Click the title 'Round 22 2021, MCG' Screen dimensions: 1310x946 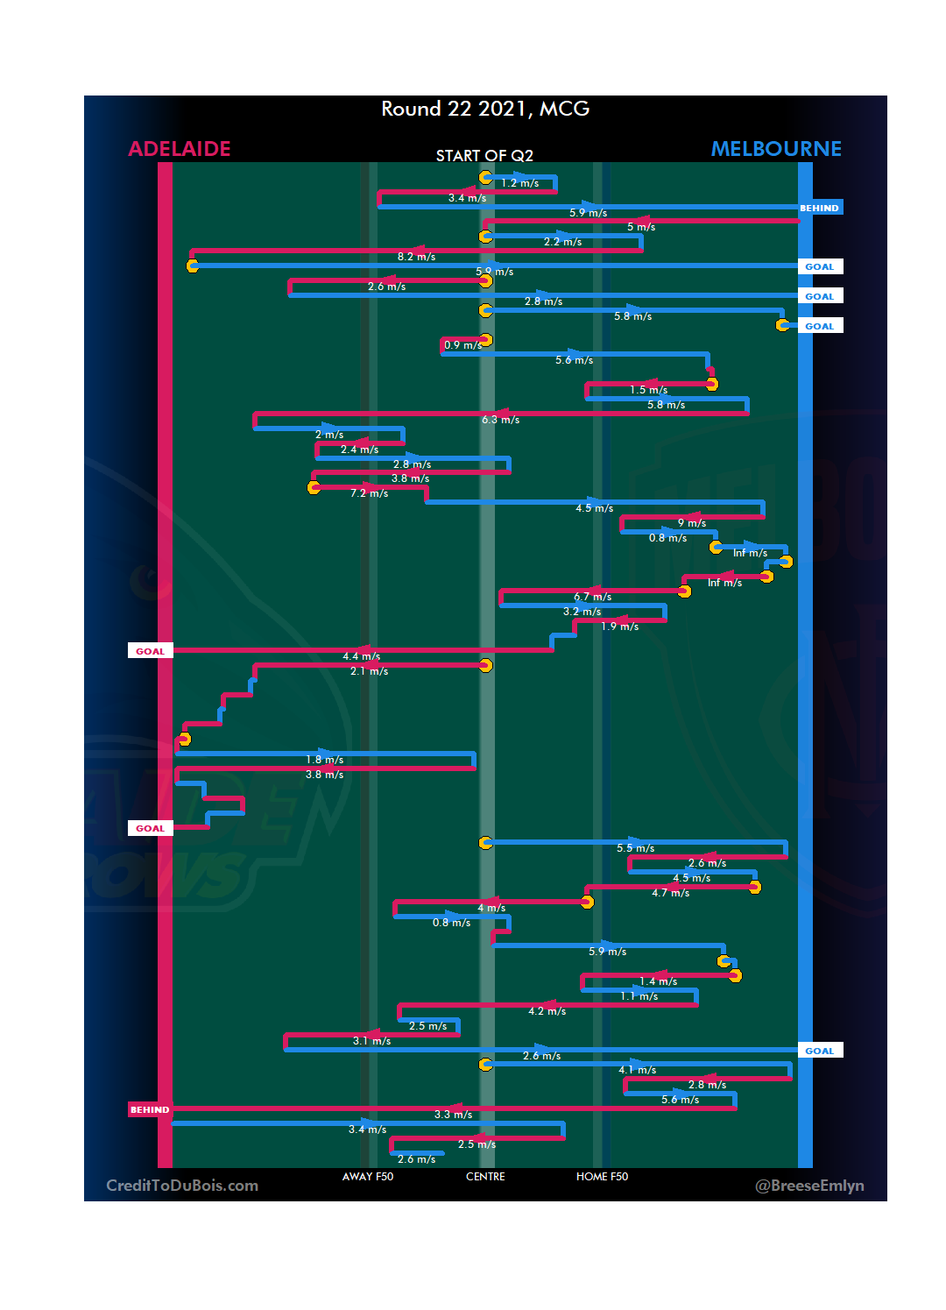485,109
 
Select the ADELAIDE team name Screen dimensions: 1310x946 180,149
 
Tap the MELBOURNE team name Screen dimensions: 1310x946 776,149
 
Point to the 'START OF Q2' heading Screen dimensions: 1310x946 484,156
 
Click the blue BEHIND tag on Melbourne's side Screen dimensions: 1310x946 820,209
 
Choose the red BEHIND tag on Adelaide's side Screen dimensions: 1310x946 150,1109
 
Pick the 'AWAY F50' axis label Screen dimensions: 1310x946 368,1177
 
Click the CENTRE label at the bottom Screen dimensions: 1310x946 485,1177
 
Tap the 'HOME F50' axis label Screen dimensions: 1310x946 602,1177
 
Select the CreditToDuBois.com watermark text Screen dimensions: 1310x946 182,1186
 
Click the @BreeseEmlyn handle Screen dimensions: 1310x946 809,1186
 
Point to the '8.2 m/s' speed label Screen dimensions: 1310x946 416,257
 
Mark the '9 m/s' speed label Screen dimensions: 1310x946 692,523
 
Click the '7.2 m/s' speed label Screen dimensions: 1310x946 369,493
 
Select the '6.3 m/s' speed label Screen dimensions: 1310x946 500,420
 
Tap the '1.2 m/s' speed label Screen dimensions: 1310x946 520,183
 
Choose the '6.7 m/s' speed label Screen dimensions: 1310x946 593,597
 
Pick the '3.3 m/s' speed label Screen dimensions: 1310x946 453,1115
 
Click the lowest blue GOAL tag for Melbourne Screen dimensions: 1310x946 820,1051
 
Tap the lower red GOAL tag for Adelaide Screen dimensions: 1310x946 150,828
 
